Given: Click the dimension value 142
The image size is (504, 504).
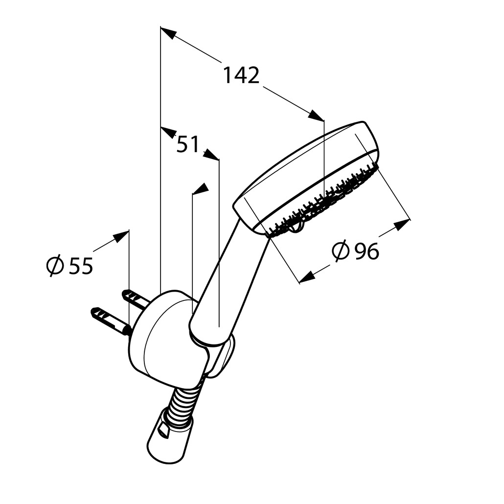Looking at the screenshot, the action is point(241,75).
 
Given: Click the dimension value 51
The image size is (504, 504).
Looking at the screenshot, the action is point(188,144).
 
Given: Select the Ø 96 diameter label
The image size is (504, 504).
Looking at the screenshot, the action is point(356,251).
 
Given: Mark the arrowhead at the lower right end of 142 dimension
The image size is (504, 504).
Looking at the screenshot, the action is point(316,115).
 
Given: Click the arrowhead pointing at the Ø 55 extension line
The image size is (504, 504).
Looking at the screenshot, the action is point(121,237).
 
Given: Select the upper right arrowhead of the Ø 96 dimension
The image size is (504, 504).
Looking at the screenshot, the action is point(402,225).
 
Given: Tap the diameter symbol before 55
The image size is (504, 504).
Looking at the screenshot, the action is point(55,266).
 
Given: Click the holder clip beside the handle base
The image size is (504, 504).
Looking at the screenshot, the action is point(226,356).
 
